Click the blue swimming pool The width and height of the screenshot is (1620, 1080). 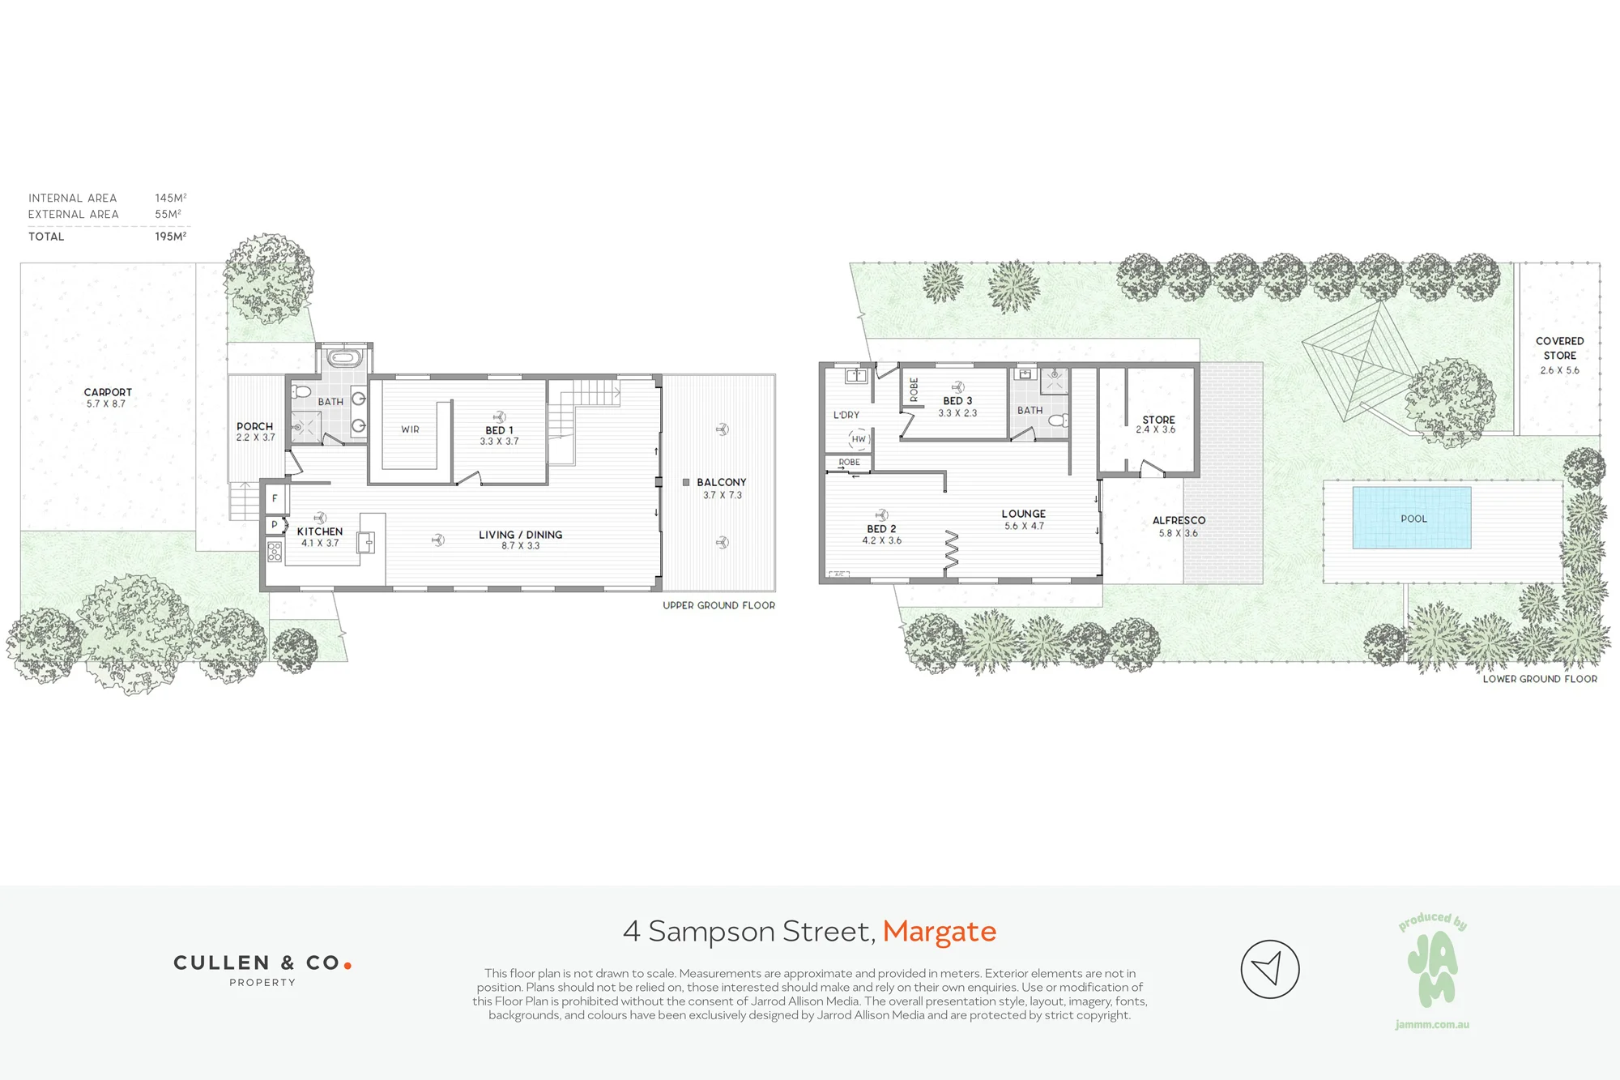(x=1412, y=518)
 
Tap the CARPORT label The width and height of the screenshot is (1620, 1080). (x=108, y=392)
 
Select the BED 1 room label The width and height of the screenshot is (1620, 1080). (x=499, y=430)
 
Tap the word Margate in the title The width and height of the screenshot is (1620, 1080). (x=940, y=932)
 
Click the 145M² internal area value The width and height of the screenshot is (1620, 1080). (x=171, y=198)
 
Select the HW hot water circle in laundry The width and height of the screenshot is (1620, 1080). (x=859, y=439)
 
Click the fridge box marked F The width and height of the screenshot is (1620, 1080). (x=275, y=498)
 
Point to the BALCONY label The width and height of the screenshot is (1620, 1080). (x=722, y=482)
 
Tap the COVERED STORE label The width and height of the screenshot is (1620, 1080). (x=1559, y=348)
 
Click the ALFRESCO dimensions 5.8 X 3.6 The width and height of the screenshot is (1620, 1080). (x=1178, y=533)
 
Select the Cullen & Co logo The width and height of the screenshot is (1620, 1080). (x=262, y=969)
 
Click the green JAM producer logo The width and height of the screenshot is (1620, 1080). (x=1432, y=968)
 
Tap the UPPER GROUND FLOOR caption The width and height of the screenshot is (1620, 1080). (x=718, y=605)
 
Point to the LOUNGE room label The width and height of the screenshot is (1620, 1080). (x=1023, y=514)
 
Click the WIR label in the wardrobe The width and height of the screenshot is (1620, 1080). (x=410, y=429)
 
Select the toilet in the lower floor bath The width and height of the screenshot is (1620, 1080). (x=1059, y=420)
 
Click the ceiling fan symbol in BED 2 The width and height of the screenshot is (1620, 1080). (x=881, y=515)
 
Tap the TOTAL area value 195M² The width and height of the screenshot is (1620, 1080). (x=171, y=237)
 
